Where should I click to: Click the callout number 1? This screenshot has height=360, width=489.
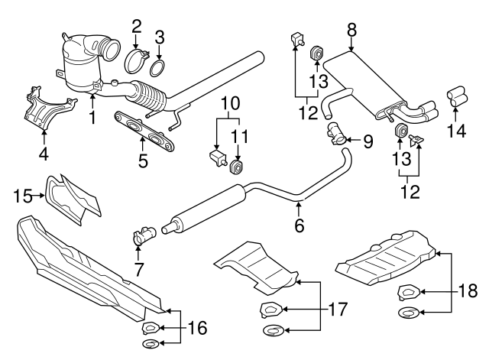92,118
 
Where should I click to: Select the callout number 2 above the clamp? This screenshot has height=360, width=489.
136,26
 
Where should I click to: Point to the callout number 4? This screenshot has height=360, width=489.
43,154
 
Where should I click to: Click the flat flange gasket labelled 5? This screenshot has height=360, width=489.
144,128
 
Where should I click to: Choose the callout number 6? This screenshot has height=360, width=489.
299,225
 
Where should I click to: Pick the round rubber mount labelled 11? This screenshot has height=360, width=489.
237,166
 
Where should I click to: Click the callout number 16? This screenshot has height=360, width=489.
196,329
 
